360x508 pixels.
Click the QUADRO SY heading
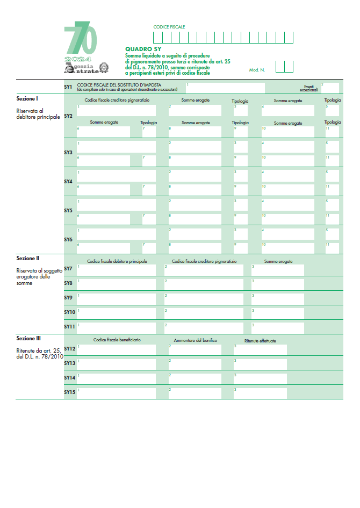tap(139, 49)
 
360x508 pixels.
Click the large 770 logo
tap(81, 39)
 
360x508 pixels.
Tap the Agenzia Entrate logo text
tap(82, 68)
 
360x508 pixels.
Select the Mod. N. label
tap(257, 70)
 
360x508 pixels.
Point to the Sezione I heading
tap(27, 99)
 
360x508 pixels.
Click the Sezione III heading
tap(28, 339)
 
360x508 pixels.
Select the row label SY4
tap(68, 182)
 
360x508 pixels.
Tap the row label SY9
tap(68, 297)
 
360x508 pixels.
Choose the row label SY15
tap(69, 392)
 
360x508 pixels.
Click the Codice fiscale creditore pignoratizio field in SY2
tap(116, 110)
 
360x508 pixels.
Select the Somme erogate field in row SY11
tap(277, 327)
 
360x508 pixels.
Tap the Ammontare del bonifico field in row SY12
tap(195, 349)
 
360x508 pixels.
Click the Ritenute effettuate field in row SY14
tap(260, 378)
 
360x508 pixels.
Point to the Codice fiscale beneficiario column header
tap(117, 340)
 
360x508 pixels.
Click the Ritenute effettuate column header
tap(260, 341)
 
